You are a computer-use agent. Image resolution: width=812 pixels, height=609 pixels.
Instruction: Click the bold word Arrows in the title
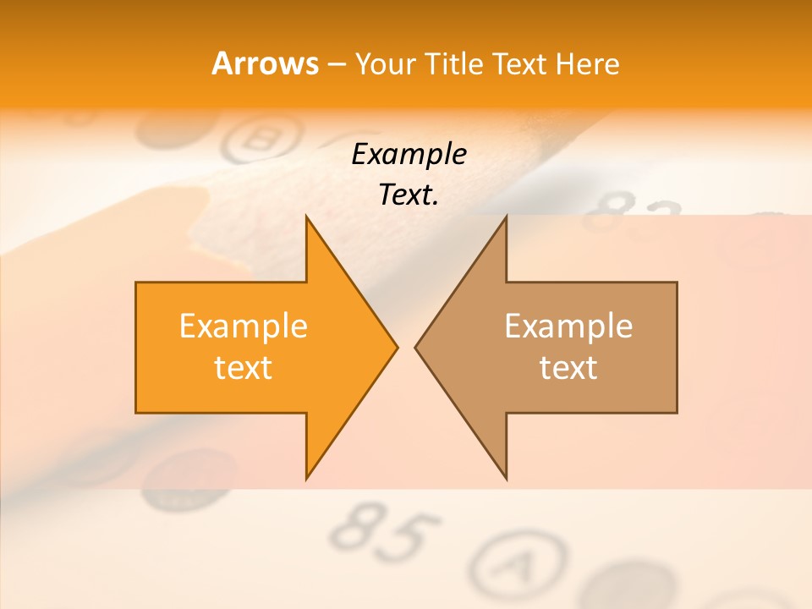[265, 63]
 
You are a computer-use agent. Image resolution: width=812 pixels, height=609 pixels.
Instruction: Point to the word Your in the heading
[385, 63]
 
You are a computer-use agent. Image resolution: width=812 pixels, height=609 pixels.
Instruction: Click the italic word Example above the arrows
[409, 154]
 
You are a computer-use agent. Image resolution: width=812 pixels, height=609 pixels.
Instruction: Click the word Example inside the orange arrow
[244, 326]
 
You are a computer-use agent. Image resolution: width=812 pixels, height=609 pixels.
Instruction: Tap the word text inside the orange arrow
[244, 367]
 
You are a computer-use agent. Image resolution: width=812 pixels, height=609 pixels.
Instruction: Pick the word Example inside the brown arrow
[568, 326]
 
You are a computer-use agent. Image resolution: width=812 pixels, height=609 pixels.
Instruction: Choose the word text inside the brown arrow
[568, 367]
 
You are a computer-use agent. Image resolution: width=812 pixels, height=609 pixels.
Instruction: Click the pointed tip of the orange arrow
[396, 347]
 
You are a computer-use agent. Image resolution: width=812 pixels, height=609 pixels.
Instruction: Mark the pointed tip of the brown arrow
[416, 347]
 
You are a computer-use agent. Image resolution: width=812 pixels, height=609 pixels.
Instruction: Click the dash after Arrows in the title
[336, 64]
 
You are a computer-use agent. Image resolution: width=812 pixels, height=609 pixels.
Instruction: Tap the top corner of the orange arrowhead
[306, 217]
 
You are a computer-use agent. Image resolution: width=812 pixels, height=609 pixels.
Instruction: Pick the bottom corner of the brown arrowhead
[506, 478]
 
